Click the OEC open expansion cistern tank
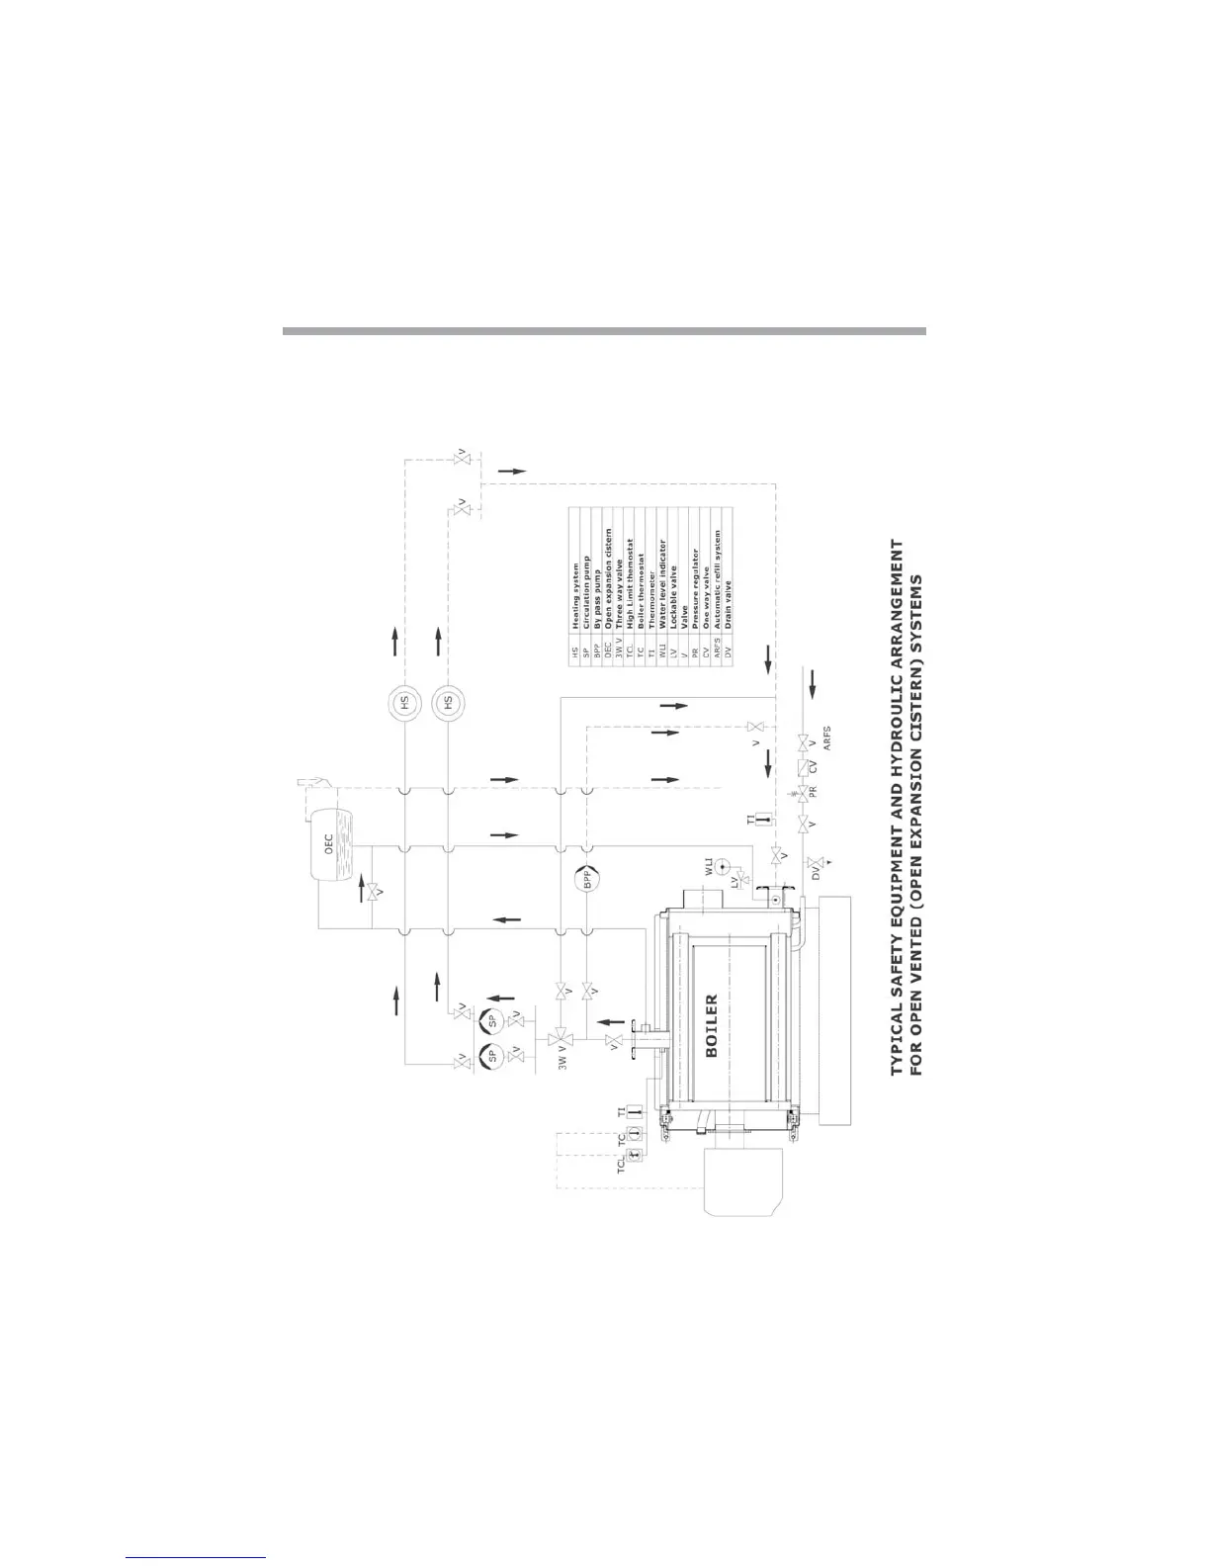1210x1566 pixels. coord(330,843)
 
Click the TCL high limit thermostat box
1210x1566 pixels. coord(637,1153)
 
